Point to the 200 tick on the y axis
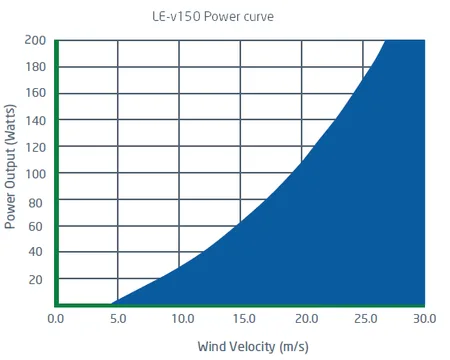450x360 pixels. click(36, 40)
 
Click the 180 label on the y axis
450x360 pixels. click(36, 67)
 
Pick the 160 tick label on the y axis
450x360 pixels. click(36, 93)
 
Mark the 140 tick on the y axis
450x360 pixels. click(36, 120)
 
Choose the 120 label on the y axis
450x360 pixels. click(36, 146)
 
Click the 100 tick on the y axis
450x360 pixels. click(36, 173)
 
